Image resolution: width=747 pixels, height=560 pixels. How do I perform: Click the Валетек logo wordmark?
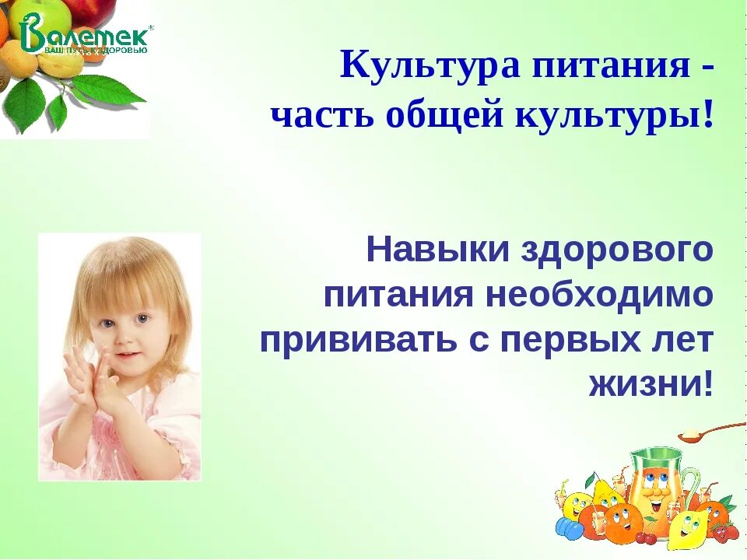(86, 35)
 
